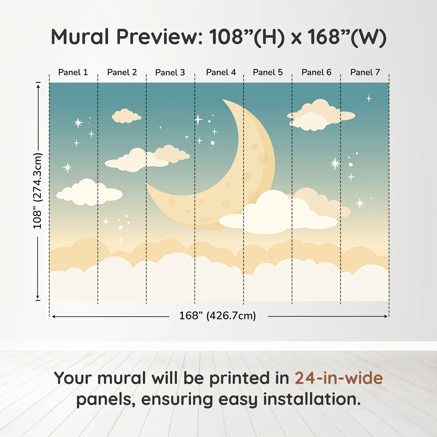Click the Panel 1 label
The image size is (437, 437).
pos(73,72)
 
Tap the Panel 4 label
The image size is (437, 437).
pos(221,72)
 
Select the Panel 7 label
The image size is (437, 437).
pos(365,72)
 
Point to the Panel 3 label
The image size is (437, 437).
pos(170,72)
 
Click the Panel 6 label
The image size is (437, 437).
pos(316,72)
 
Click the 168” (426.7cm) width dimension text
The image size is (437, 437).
pos(218,316)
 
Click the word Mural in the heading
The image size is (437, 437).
pos(80,37)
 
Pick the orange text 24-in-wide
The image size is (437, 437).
pos(339,378)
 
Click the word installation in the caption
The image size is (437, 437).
pos(312,399)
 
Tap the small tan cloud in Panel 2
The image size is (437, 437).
pos(126,116)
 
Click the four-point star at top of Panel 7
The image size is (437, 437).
pos(369,99)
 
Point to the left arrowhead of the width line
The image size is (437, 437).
pos(54,317)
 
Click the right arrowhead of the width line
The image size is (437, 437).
pos(386,316)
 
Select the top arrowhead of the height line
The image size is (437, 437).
pos(39,86)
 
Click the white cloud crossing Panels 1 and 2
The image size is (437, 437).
pos(89,192)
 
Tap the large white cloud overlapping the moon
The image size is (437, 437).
pos(278,213)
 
